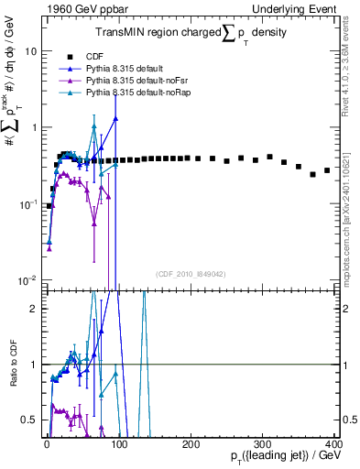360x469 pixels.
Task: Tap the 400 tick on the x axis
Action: [x=333, y=443]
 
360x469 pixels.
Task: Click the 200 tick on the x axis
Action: [x=191, y=443]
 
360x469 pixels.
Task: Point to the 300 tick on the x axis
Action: [x=262, y=443]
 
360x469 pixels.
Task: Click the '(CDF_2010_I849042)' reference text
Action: [x=190, y=272]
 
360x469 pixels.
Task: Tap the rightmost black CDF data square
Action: [x=327, y=170]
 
